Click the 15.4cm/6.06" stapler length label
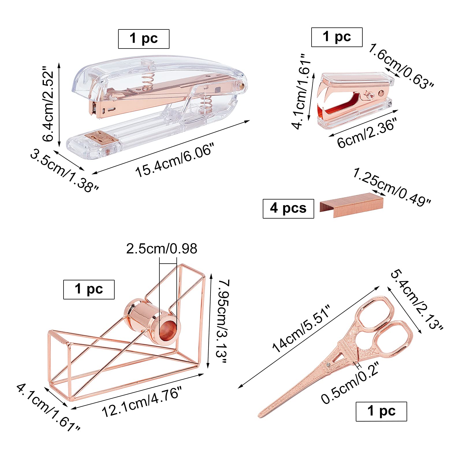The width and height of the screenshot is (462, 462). coord(175,160)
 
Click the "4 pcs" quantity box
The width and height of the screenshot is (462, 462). coord(288,208)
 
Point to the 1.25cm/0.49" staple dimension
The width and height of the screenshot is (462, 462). coord(392,187)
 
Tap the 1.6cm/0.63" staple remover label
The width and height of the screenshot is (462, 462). coord(401,66)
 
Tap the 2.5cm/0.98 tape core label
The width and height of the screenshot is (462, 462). coord(162,249)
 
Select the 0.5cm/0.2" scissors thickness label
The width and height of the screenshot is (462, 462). coord(350,383)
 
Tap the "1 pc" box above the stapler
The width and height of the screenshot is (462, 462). coord(144,39)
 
